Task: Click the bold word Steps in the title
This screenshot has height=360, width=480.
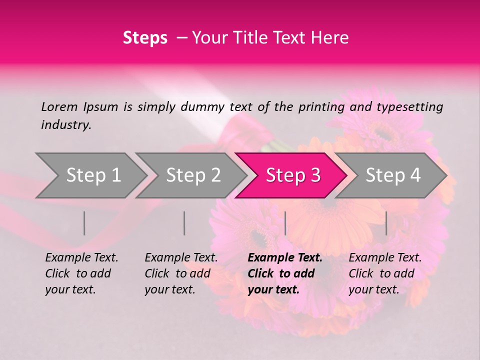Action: coord(145,38)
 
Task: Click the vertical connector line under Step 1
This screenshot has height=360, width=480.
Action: coord(84,223)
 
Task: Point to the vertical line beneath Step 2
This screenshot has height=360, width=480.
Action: coord(184,223)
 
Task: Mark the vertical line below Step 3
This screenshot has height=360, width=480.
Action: coord(285,223)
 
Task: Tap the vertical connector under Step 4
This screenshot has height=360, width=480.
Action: coord(386,223)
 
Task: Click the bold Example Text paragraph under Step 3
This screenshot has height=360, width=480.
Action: coord(285,273)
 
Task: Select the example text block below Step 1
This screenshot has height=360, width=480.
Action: coord(81,273)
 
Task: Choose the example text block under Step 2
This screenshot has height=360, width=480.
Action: coord(181,273)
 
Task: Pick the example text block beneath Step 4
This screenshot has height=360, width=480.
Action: coord(385,273)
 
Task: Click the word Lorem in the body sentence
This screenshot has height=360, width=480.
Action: coord(59,106)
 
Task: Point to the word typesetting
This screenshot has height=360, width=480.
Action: coord(409,107)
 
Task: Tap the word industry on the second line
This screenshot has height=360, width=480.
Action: coord(65,125)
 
